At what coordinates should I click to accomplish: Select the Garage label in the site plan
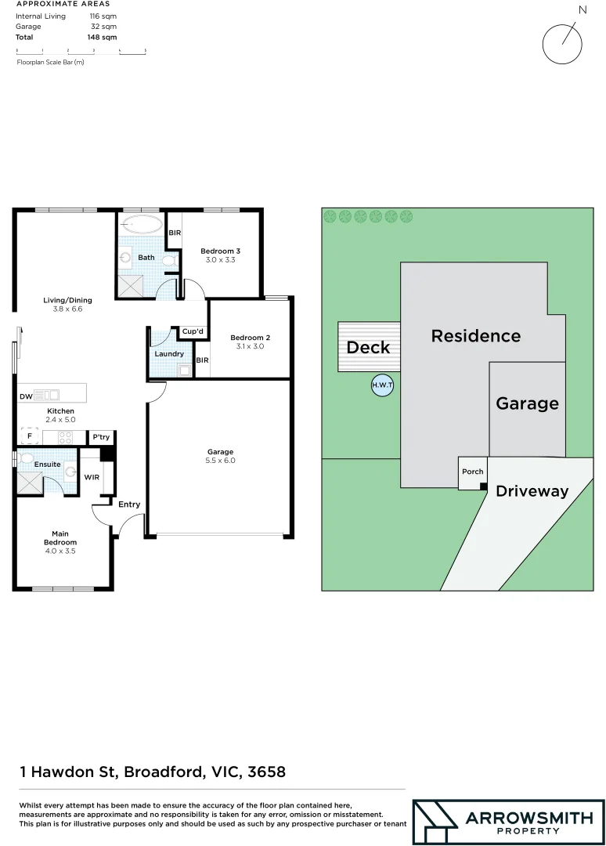pyautogui.click(x=527, y=403)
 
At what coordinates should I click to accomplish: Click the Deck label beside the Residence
pyautogui.click(x=368, y=347)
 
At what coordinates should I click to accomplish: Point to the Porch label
pyautogui.click(x=473, y=472)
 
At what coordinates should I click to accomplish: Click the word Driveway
pyautogui.click(x=532, y=491)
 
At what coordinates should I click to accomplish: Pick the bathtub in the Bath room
pyautogui.click(x=141, y=225)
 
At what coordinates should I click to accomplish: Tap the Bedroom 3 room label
pyautogui.click(x=221, y=251)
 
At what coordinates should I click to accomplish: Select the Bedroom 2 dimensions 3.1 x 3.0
pyautogui.click(x=250, y=346)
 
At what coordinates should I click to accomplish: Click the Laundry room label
pyautogui.click(x=169, y=354)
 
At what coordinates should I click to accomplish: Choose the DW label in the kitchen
pyautogui.click(x=26, y=396)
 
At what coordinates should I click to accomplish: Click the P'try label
pyautogui.click(x=100, y=437)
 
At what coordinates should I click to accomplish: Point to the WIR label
pyautogui.click(x=92, y=476)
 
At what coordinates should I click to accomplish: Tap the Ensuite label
pyautogui.click(x=46, y=465)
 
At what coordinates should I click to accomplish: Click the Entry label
pyautogui.click(x=129, y=504)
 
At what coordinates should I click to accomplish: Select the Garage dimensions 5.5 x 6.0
pyautogui.click(x=221, y=461)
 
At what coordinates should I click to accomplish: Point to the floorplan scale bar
pyautogui.click(x=81, y=51)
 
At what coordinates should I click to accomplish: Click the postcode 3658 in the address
pyautogui.click(x=266, y=772)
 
